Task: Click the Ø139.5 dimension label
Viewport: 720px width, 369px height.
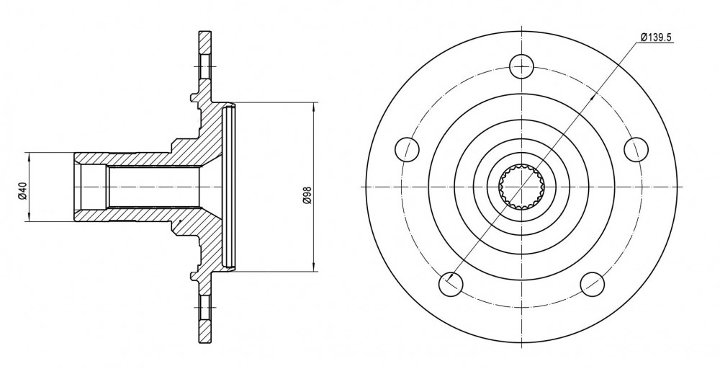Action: pos(656,37)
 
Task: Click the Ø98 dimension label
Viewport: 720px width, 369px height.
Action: pos(307,195)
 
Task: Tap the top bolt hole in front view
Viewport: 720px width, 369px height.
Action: pos(522,66)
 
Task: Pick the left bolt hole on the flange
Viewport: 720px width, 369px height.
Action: pos(408,149)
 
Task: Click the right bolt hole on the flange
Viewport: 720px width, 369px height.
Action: pos(637,149)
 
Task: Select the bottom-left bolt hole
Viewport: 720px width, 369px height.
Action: pos(451,285)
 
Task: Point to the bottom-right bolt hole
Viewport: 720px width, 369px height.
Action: pos(593,285)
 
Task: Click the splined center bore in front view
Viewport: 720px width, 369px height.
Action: pos(522,187)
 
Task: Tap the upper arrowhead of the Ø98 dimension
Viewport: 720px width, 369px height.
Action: pos(314,107)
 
